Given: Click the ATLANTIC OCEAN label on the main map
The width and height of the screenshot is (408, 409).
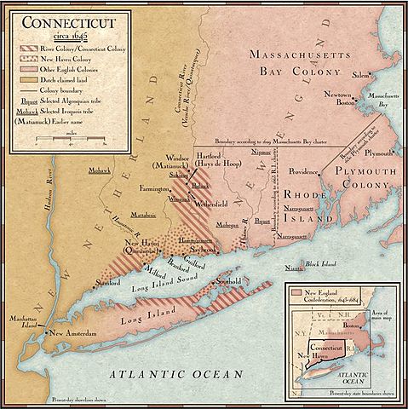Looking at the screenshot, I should pyautogui.click(x=175, y=373).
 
